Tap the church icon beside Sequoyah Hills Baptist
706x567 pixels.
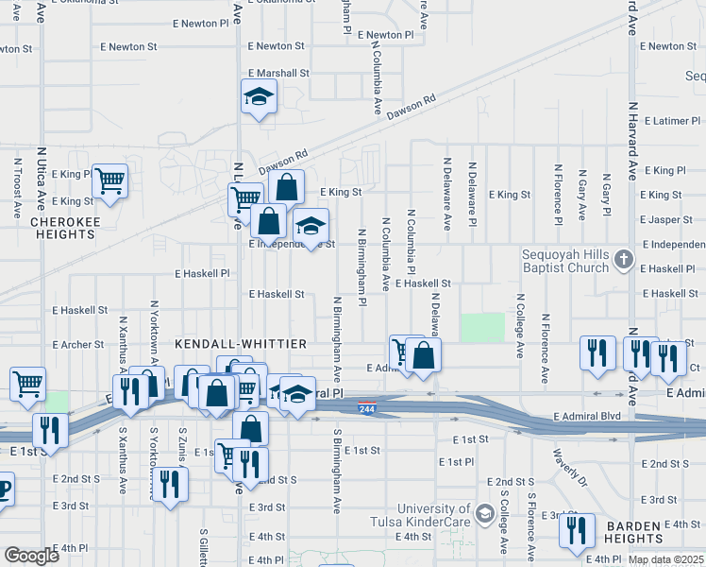pos(623,258)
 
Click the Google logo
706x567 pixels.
pos(32,556)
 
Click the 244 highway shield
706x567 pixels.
pos(367,407)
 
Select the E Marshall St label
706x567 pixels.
pos(278,73)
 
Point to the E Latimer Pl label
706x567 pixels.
pos(673,121)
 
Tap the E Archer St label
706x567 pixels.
pos(78,345)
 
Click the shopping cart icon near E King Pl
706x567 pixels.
pos(110,179)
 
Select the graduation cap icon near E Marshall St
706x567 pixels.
pos(258,96)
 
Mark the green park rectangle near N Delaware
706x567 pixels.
pos(482,327)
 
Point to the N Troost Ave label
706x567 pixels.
pos(18,189)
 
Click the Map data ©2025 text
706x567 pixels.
pos(665,559)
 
